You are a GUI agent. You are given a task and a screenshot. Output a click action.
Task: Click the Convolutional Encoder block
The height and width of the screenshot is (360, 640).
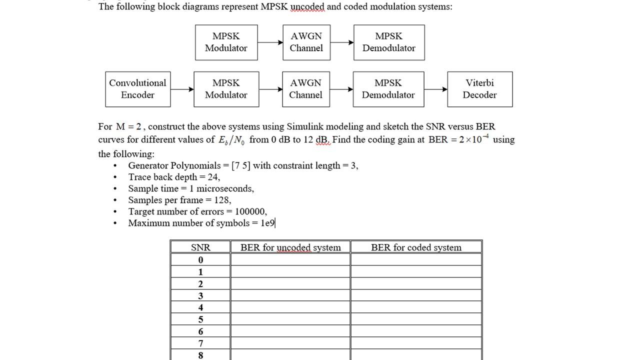pos(137,89)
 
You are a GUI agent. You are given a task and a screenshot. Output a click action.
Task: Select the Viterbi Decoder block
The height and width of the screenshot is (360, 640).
pos(479,89)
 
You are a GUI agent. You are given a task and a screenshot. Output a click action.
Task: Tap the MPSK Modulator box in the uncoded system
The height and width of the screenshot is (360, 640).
pos(226,42)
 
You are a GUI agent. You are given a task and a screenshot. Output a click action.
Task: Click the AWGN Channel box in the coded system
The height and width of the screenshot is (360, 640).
pos(305,89)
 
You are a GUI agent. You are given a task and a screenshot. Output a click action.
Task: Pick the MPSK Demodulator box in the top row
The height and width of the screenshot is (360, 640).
pos(389,42)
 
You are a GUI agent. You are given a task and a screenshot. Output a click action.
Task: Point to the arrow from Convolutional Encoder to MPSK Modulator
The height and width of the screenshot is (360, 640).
pos(182,89)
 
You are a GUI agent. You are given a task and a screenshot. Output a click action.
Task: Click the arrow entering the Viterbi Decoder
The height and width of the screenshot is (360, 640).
pos(435,89)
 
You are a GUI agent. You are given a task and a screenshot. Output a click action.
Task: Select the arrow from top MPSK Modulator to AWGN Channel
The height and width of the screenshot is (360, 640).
pos(270,42)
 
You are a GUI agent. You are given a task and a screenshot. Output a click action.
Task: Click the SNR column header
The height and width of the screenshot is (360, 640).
pos(200,247)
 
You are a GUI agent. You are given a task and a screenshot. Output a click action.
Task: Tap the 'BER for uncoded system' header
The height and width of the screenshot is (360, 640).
pos(290,247)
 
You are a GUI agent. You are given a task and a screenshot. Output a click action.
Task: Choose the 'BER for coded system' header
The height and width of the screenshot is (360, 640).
pos(416,247)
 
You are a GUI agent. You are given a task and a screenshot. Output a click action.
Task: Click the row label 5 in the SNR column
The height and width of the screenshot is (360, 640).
pos(200,319)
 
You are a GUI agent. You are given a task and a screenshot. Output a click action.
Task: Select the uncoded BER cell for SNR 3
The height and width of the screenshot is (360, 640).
pos(290,295)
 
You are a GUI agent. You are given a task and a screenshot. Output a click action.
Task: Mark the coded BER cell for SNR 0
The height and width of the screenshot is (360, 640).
pos(416,259)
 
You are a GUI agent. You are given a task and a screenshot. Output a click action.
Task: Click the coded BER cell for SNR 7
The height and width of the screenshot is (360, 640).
pos(416,343)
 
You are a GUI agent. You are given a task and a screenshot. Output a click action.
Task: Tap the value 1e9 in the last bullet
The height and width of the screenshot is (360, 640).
pos(267,223)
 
